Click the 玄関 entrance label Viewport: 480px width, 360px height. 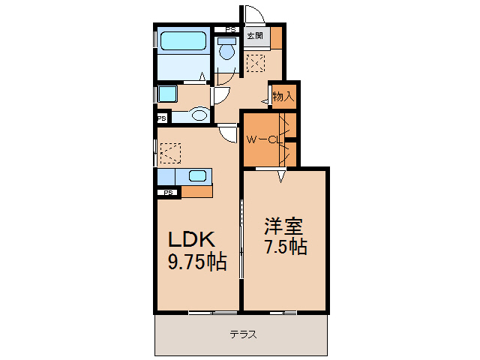coord(255,34)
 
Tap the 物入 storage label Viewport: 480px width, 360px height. coord(283,96)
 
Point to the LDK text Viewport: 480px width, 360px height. coord(191,240)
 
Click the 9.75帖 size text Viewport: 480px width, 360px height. coord(196,262)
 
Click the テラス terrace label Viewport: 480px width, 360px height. coord(243,334)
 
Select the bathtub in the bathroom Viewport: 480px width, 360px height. coord(183,42)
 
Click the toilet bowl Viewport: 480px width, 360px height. coord(227,50)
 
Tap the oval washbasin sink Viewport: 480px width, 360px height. coord(199,115)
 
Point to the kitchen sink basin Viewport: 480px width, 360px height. coord(197,176)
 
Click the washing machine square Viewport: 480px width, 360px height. coord(166,94)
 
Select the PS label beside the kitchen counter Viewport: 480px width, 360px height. coord(169,193)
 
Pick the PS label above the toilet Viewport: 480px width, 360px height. coord(230,31)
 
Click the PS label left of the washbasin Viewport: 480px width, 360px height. coord(162,118)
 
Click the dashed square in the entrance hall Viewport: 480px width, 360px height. coord(256,63)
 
